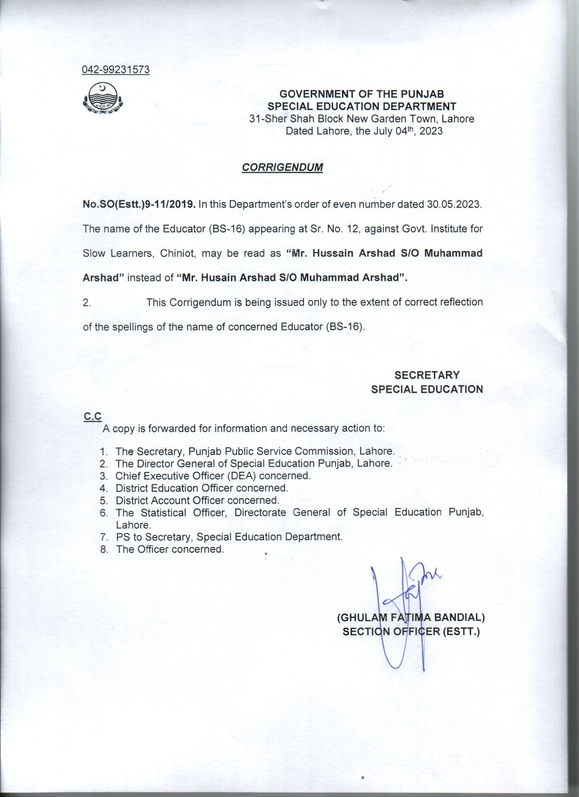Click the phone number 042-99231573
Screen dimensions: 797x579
(x=116, y=70)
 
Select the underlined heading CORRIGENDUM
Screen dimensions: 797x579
(x=282, y=168)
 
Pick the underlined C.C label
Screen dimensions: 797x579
(x=92, y=416)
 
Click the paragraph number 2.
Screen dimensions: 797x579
(x=87, y=302)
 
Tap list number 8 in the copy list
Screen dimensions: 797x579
(x=104, y=549)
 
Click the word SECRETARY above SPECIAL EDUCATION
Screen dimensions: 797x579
(x=427, y=375)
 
